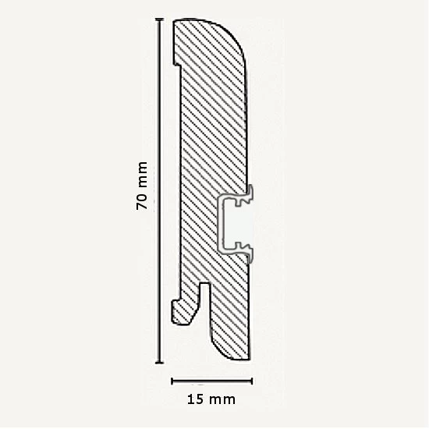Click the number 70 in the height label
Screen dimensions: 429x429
point(142,201)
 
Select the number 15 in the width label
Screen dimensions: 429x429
point(197,399)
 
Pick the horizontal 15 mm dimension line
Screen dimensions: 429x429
point(211,382)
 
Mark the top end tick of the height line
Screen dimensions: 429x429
point(159,19)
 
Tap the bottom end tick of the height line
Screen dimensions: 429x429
point(159,363)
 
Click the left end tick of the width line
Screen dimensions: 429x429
point(172,382)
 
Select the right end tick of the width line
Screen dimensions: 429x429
point(251,382)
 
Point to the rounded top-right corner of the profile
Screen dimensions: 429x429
point(239,36)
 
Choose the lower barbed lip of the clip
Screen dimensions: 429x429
point(248,252)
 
